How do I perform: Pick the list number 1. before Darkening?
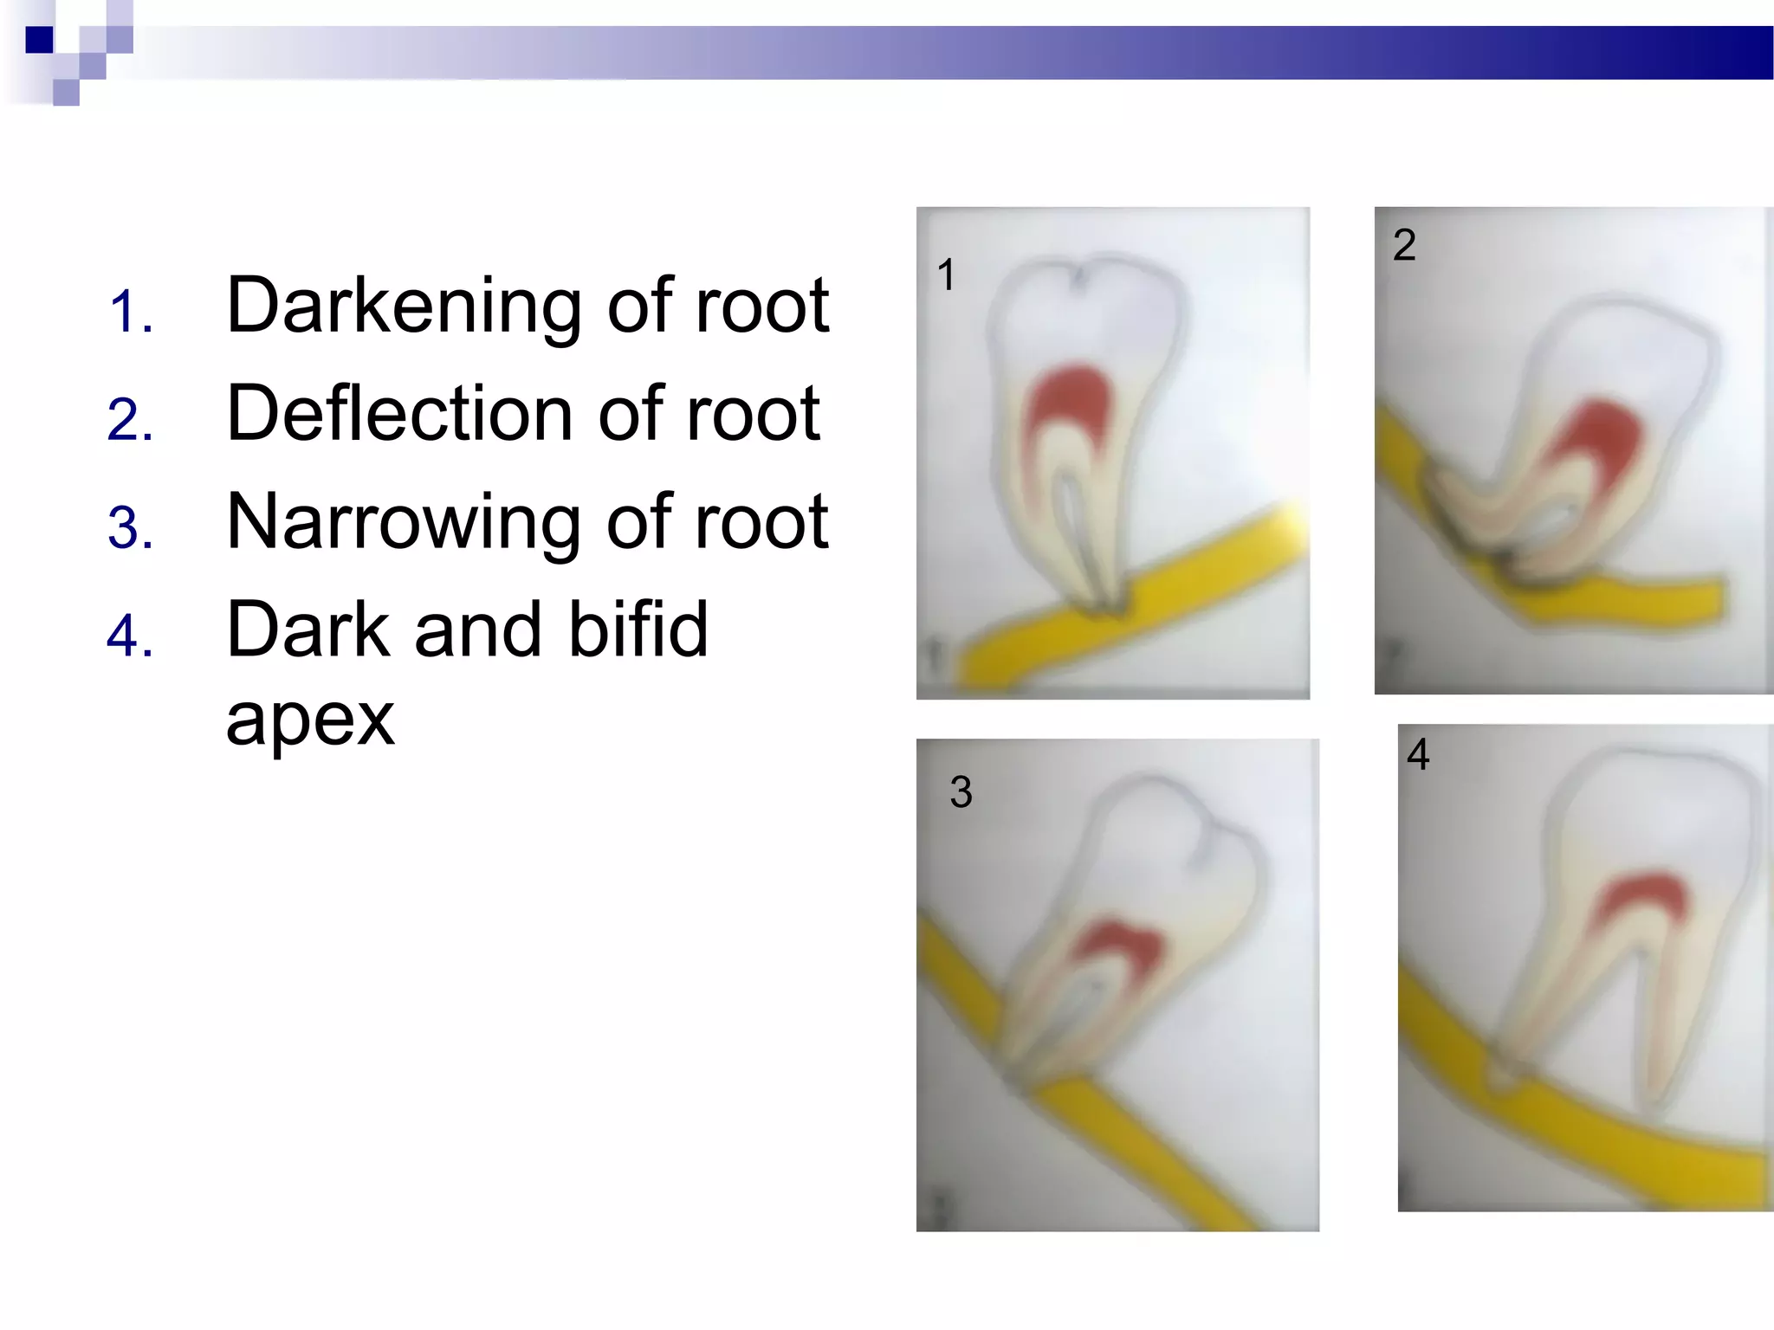coord(131,312)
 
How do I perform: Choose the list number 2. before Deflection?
coord(131,420)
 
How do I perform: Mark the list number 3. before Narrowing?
coord(131,528)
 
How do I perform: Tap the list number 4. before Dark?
coord(131,636)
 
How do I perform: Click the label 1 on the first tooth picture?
coord(946,275)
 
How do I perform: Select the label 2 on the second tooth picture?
coord(1404,245)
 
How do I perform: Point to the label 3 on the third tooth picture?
coord(961,791)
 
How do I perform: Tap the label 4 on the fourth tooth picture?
coord(1418,753)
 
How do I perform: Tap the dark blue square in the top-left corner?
coord(39,40)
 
